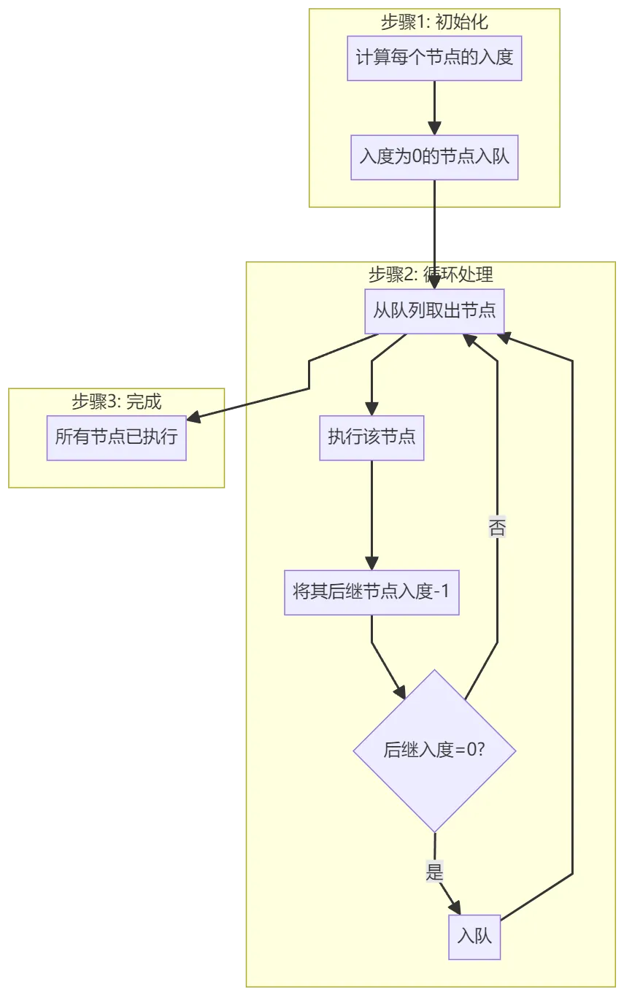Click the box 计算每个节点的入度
click(x=434, y=58)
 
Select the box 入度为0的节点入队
click(x=434, y=157)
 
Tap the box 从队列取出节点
click(x=434, y=311)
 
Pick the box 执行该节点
click(x=371, y=437)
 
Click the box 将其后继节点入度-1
click(x=371, y=592)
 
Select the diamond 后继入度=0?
click(x=434, y=750)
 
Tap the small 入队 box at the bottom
click(x=474, y=936)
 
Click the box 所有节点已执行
click(x=117, y=437)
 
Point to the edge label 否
click(x=497, y=528)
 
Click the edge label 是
click(x=435, y=872)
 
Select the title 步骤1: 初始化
click(x=434, y=23)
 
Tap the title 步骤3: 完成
click(x=117, y=402)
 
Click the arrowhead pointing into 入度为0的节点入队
click(x=434, y=128)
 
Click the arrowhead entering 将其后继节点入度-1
click(x=371, y=563)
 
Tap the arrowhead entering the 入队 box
click(x=456, y=907)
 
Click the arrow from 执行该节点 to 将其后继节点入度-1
click(x=371, y=511)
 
